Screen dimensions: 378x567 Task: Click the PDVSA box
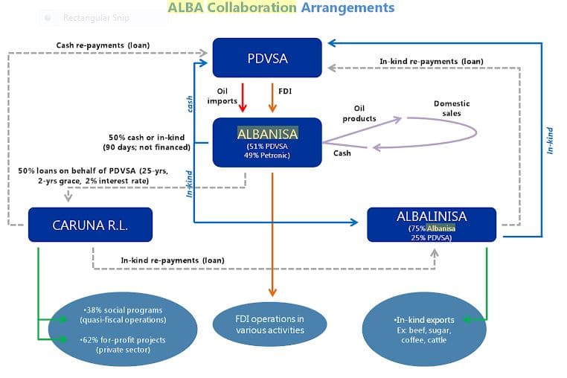[x=267, y=57]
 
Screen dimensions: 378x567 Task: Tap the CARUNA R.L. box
[x=90, y=224]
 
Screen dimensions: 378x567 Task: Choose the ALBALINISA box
[x=432, y=224]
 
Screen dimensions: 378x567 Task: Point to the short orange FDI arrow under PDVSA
[x=272, y=97]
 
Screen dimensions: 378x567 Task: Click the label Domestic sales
[x=451, y=109]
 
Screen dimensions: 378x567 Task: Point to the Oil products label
[x=359, y=113]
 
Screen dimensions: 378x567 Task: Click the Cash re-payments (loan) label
[x=103, y=45]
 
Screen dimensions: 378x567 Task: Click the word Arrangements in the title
[x=347, y=8]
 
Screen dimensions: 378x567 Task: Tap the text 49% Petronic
[x=266, y=155]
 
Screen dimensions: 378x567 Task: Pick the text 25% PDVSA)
[x=432, y=237]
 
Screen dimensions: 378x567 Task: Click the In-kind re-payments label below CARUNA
[x=173, y=260]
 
